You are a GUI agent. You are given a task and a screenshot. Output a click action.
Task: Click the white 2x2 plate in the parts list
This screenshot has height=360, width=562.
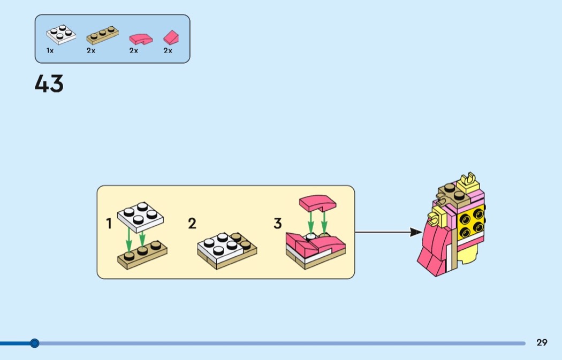[x=61, y=35]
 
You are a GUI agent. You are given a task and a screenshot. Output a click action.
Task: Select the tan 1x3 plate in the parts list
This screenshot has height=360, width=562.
[x=103, y=35]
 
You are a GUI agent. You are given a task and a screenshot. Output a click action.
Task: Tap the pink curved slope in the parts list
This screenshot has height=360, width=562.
[x=141, y=39]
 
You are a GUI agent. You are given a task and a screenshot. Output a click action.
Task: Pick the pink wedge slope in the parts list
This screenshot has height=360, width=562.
[x=171, y=37]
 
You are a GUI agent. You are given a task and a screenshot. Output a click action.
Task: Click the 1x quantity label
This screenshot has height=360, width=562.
[x=50, y=51]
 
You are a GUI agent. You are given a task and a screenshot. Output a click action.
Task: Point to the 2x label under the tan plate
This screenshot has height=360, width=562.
[x=90, y=51]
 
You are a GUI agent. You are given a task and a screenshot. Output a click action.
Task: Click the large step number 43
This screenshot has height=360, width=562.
[x=49, y=84]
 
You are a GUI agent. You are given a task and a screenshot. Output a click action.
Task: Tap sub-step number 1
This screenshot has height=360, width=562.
[x=109, y=224]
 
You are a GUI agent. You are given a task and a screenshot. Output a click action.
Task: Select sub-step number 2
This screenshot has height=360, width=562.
[x=192, y=224]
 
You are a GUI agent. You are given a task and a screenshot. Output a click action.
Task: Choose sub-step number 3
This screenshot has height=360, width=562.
[x=278, y=224]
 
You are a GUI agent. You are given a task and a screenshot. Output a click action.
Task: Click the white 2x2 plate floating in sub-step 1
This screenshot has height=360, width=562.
[x=140, y=217]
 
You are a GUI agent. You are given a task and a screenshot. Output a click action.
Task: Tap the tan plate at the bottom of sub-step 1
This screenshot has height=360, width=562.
[x=142, y=254]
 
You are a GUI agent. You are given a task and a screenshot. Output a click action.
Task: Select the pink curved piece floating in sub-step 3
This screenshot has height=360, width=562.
[x=317, y=203]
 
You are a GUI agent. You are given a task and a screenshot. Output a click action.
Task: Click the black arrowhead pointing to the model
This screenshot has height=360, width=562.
[x=416, y=232]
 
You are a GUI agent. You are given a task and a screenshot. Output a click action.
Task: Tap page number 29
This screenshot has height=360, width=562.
[x=542, y=342]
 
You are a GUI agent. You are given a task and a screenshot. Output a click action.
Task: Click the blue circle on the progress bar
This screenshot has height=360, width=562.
[x=34, y=343]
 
